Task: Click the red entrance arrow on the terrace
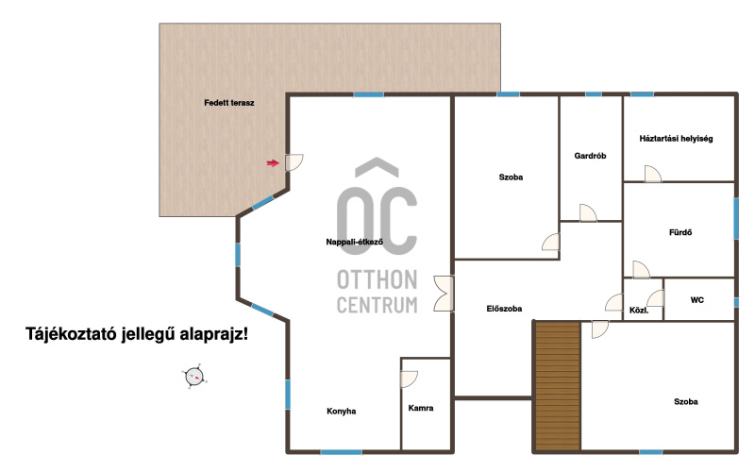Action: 273,163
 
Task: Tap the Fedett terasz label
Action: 229,103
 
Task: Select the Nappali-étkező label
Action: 355,242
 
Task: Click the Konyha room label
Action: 342,411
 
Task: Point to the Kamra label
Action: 421,408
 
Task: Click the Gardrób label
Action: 591,156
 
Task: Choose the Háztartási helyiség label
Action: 676,139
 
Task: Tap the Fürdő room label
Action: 680,232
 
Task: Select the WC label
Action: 697,300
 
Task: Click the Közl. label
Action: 639,311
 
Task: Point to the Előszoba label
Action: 504,309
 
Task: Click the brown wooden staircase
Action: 558,387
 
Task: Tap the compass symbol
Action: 194,376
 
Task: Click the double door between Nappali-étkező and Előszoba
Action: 444,294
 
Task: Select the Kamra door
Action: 409,379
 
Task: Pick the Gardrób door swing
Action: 588,213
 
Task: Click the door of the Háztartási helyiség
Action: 653,174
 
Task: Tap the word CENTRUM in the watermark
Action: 377,305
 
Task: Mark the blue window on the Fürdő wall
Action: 736,219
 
